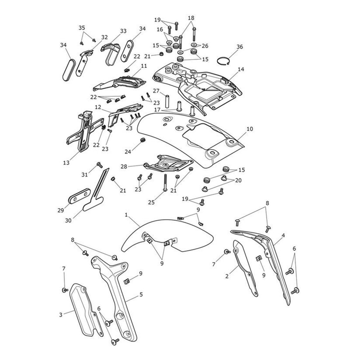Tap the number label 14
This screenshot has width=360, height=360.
241,69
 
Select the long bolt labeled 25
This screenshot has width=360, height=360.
164,183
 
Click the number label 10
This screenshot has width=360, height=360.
250,129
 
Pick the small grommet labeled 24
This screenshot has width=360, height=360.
143,140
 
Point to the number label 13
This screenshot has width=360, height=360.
66,163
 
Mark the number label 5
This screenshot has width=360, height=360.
141,295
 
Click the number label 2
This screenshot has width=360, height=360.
227,276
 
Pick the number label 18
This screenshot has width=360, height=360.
191,18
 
